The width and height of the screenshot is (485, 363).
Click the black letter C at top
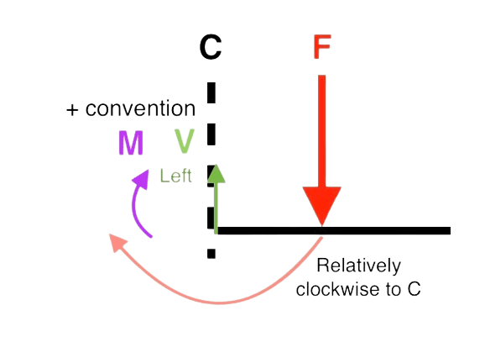tap(211, 47)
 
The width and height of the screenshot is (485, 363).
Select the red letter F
tap(322, 46)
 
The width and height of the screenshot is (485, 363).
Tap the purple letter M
tap(131, 143)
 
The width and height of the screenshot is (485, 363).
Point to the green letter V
tap(185, 141)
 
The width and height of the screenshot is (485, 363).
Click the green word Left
tap(175, 176)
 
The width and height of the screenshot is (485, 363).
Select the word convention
tap(140, 108)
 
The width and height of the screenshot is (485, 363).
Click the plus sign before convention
tap(72, 110)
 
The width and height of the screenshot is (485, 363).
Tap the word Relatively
tap(359, 266)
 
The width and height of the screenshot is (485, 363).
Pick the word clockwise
tap(338, 289)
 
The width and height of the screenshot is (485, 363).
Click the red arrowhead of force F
tap(322, 205)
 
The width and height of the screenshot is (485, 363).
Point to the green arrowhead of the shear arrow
tap(216, 173)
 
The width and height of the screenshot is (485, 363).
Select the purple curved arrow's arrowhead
tap(141, 179)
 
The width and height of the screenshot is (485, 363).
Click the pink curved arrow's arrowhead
tap(117, 242)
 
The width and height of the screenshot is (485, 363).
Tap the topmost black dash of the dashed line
tap(211, 92)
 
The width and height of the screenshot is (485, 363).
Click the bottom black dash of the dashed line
tap(211, 254)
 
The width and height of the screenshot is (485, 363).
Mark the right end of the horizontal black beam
tap(450, 231)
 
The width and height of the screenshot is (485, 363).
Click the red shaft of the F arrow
tap(321, 131)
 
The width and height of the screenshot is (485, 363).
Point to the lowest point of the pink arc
tap(220, 302)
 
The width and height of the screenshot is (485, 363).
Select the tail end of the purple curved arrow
tap(151, 237)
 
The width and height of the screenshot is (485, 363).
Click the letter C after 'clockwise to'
tap(415, 289)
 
